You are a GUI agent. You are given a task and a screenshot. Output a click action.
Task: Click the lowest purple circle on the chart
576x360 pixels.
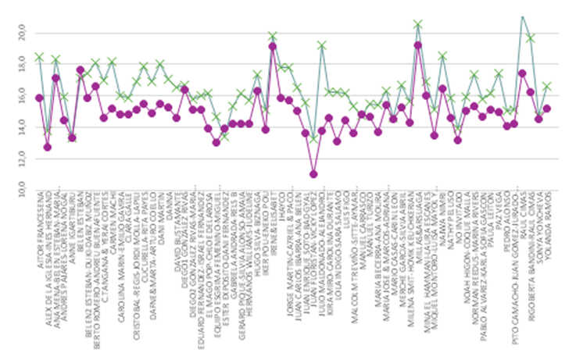coord(313,174)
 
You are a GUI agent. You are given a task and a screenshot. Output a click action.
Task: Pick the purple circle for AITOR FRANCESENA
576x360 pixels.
coord(39,98)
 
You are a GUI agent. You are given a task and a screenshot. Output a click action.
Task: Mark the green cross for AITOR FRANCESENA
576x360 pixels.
coord(39,57)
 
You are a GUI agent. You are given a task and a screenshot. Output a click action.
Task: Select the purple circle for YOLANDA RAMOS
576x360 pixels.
coord(547,109)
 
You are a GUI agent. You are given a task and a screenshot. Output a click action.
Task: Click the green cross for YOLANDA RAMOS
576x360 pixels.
coord(547,86)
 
